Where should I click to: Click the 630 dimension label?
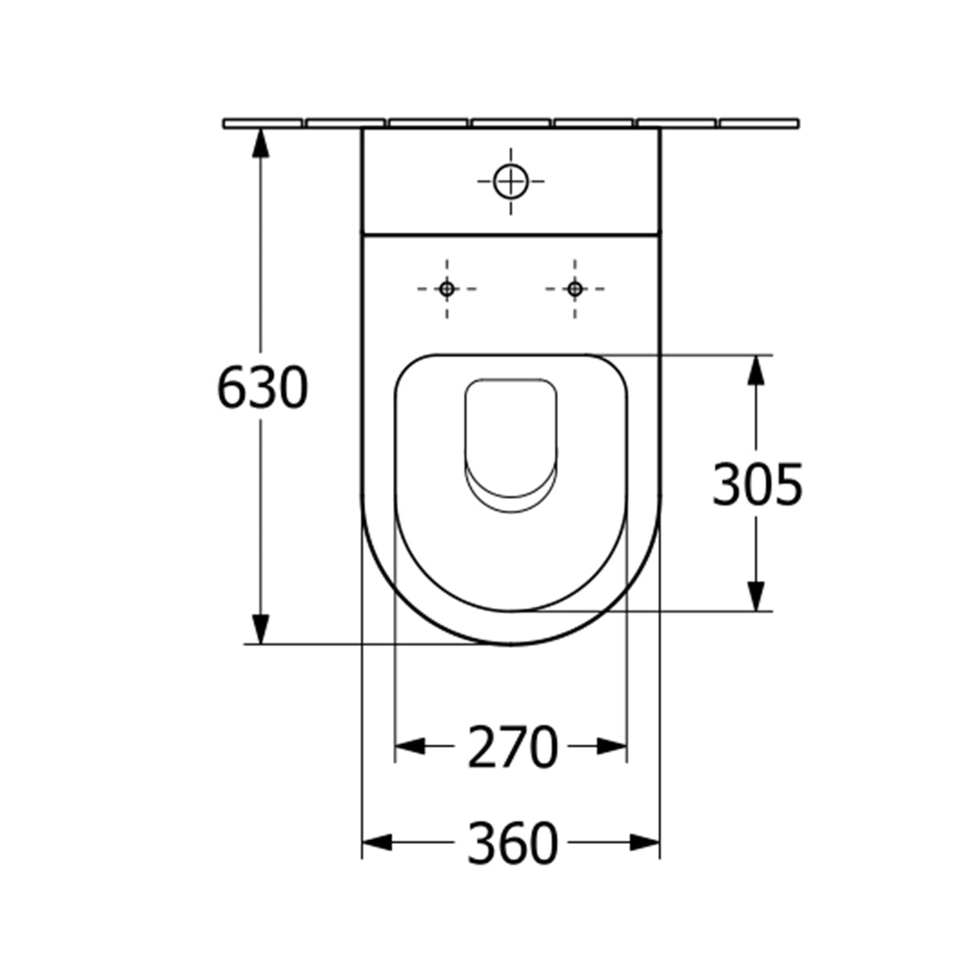pyautogui.click(x=262, y=387)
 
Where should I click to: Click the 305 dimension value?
pyautogui.click(x=758, y=485)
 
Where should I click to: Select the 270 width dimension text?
pyautogui.click(x=512, y=746)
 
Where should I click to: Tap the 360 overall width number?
pyautogui.click(x=512, y=843)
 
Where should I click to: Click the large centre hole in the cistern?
pyautogui.click(x=511, y=181)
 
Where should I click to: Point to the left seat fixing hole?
pyautogui.click(x=446, y=289)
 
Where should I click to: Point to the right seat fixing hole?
pyautogui.click(x=575, y=289)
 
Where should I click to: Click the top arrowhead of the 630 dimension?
pyautogui.click(x=260, y=143)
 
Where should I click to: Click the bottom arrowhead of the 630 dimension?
pyautogui.click(x=260, y=629)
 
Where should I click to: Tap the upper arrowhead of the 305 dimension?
pyautogui.click(x=756, y=370)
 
